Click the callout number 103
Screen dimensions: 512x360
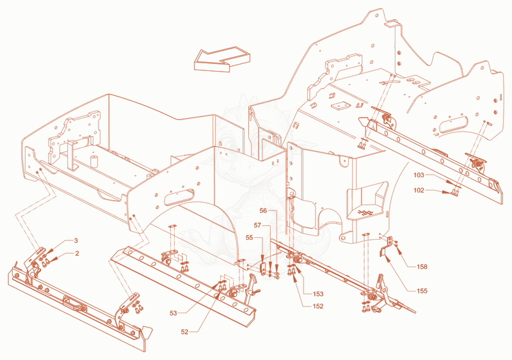pyautogui.click(x=419, y=175)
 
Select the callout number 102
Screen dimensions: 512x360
pyautogui.click(x=419, y=191)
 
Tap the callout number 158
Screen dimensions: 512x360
pyautogui.click(x=422, y=267)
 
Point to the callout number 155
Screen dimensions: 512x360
pyautogui.click(x=422, y=291)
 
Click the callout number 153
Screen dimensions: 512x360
pyautogui.click(x=318, y=294)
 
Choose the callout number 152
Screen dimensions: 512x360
pyautogui.click(x=318, y=306)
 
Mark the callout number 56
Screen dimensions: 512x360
pyautogui.click(x=263, y=211)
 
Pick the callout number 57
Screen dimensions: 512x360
pyautogui.click(x=258, y=225)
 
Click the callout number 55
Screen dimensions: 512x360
pyautogui.click(x=250, y=238)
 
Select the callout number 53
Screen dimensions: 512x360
pyautogui.click(x=173, y=313)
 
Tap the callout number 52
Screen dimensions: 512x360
pyautogui.click(x=184, y=332)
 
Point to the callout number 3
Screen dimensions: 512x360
pyautogui.click(x=76, y=241)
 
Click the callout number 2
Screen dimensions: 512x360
pyautogui.click(x=77, y=253)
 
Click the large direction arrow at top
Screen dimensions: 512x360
pyautogui.click(x=222, y=59)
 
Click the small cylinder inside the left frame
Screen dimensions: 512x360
pyautogui.click(x=94, y=161)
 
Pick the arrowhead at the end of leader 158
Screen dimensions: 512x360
pyautogui.click(x=398, y=250)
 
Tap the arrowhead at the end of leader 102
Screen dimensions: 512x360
pyautogui.click(x=446, y=192)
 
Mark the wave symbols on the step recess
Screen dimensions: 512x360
pyautogui.click(x=365, y=212)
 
